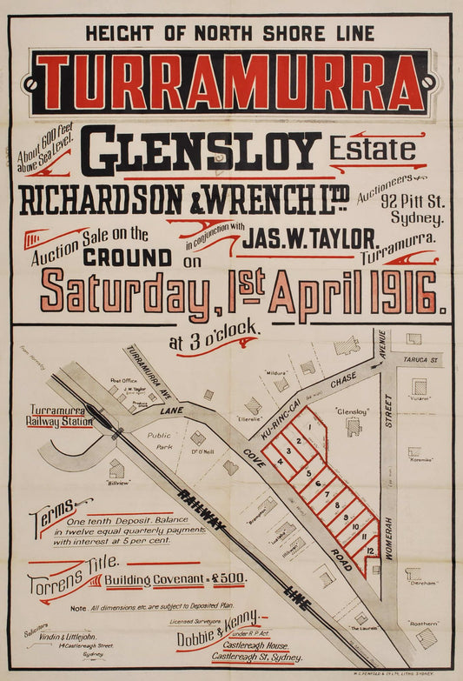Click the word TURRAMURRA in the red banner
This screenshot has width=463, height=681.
231,83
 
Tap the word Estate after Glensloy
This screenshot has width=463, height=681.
372,149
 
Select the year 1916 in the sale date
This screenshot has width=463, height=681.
407,292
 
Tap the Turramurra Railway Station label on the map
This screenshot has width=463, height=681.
61,415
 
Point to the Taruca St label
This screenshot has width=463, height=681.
424,357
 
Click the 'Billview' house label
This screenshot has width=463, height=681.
118,481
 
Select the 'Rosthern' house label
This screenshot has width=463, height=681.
423,623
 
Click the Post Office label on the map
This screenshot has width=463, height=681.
124,380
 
